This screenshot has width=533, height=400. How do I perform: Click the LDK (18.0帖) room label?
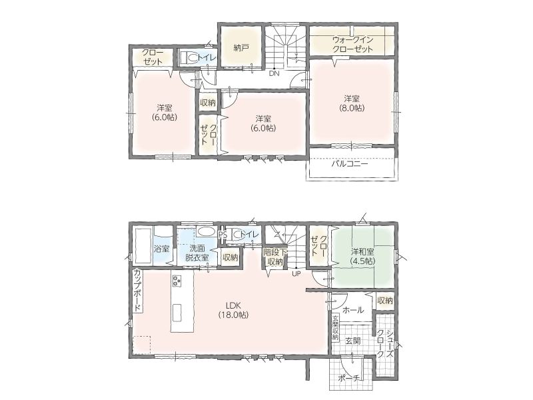click(233, 310)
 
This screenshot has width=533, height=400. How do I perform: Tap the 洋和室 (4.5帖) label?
click(362, 256)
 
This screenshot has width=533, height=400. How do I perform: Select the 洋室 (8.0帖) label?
click(352, 103)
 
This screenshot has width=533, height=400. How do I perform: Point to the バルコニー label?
click(350, 164)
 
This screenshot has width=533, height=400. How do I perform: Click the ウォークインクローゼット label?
click(352, 44)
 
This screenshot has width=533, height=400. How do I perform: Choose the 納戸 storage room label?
click(241, 47)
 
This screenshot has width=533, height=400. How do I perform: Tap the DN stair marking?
click(274, 73)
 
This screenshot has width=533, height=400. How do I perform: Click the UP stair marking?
click(296, 273)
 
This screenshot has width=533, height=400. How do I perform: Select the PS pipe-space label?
click(223, 235)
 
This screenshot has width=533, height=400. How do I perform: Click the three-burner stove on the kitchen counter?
click(177, 281)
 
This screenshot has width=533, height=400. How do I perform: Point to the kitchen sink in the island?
click(177, 312)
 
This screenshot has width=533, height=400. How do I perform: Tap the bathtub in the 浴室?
click(143, 245)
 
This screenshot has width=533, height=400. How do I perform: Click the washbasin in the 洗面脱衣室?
click(206, 231)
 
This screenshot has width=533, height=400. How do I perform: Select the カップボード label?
click(138, 290)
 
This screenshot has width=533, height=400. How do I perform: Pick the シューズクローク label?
click(386, 344)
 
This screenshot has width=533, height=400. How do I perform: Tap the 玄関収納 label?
click(336, 328)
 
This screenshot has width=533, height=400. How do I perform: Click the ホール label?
click(353, 310)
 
